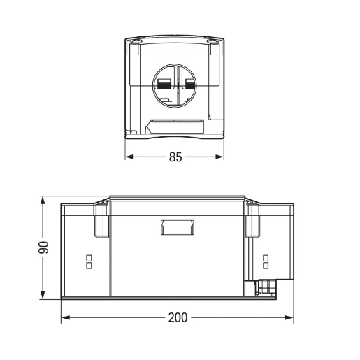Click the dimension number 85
click(x=175, y=157)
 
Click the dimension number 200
click(x=178, y=317)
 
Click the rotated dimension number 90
click(x=43, y=249)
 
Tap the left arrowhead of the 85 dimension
click(x=129, y=157)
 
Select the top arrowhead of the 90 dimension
click(x=43, y=201)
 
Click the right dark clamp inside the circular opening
click(x=189, y=85)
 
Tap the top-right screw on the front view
click(x=214, y=42)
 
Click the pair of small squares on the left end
click(x=88, y=261)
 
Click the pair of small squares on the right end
click(x=265, y=261)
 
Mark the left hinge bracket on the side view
click(x=101, y=218)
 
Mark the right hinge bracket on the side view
click(x=252, y=218)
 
